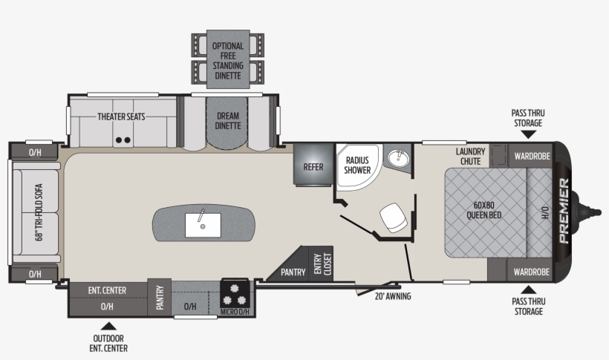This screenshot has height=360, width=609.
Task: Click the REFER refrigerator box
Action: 313,164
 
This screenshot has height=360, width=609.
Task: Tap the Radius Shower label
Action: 357,165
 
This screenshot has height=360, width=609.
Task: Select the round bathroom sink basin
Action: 397,157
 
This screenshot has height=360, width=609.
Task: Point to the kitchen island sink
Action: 203,225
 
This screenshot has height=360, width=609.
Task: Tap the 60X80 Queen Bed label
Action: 484,210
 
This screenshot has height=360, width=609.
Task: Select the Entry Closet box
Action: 321,264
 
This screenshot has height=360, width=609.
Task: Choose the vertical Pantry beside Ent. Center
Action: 159,297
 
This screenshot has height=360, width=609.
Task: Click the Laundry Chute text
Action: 470,156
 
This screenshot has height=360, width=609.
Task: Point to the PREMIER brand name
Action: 564,211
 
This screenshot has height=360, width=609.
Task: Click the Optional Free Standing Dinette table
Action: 228,59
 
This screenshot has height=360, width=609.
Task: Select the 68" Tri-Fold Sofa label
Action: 39,212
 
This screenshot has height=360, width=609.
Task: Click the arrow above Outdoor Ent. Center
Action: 108,326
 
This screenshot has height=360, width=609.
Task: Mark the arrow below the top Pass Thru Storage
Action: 528,134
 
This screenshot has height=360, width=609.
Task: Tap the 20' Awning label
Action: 393,296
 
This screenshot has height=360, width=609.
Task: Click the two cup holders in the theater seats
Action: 123,140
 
